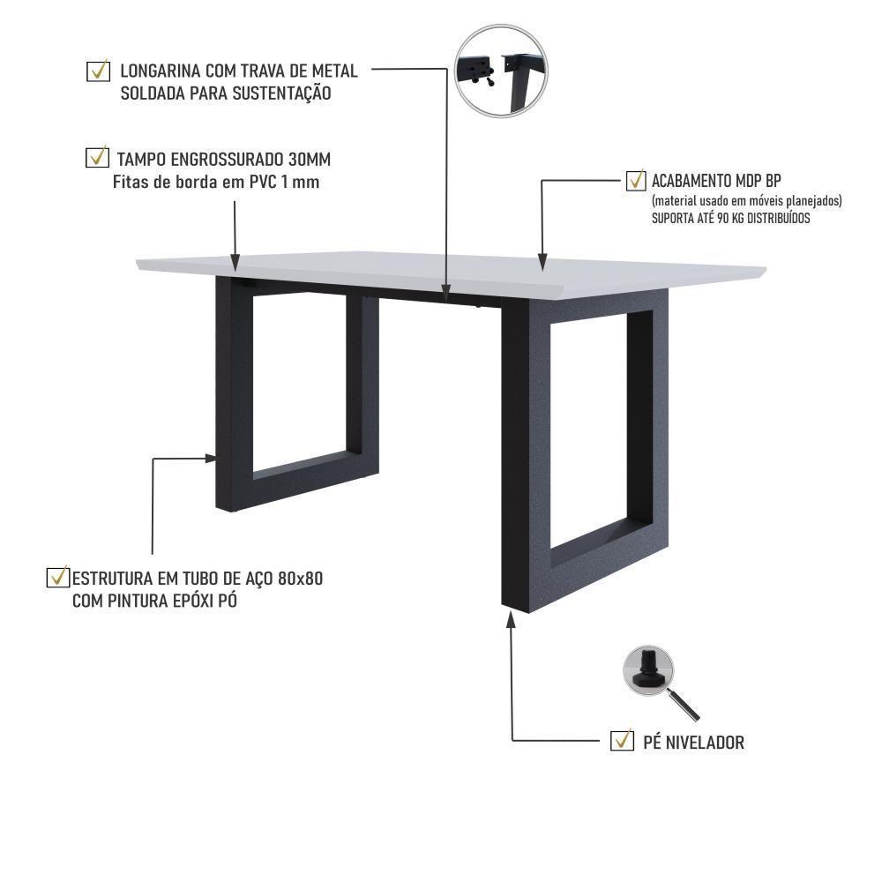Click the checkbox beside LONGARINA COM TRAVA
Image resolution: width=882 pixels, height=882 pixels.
point(98,71)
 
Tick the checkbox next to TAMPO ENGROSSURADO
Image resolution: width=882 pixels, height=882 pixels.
point(96,158)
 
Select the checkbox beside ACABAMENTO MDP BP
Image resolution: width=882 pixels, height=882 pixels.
point(635,181)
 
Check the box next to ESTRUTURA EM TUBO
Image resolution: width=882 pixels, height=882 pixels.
point(57,578)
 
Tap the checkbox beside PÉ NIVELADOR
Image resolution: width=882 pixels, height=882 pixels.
point(622,741)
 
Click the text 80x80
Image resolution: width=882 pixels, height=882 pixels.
point(300,579)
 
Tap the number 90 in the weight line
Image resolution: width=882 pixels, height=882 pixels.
point(714,218)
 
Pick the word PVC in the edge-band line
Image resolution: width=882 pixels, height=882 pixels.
point(260,183)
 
